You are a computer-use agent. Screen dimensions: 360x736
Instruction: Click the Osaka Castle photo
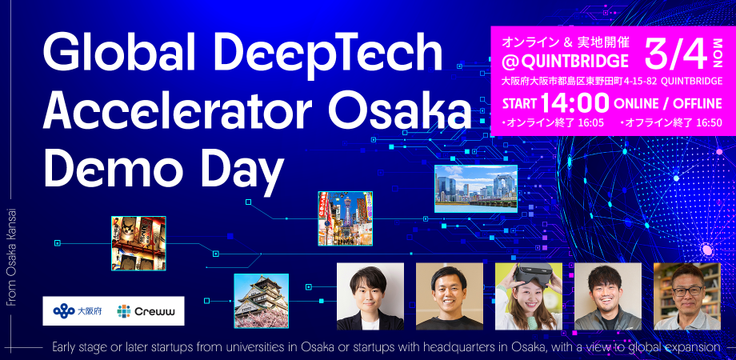[261, 301]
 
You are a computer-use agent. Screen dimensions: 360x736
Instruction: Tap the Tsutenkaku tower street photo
[345, 218]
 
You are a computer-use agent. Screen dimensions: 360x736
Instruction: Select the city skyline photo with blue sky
[475, 189]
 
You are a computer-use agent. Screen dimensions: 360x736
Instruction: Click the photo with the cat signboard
[138, 243]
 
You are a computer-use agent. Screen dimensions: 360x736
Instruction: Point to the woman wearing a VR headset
[528, 296]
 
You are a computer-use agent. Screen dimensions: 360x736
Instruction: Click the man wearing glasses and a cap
[686, 296]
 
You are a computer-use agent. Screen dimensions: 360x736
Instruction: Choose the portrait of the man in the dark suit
[370, 296]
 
